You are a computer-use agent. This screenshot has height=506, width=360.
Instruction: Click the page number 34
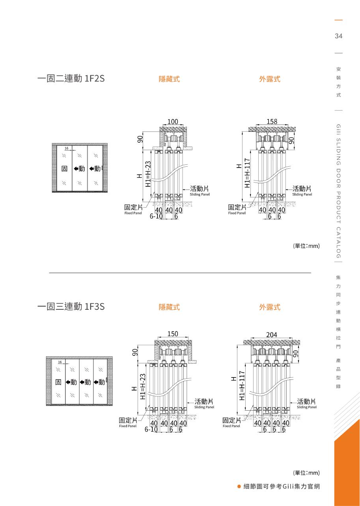click(x=338, y=36)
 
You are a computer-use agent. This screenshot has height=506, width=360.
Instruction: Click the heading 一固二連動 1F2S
click(x=71, y=79)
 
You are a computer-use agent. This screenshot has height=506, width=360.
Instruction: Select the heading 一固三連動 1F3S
click(x=71, y=306)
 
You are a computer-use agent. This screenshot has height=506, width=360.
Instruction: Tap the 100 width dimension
click(x=173, y=122)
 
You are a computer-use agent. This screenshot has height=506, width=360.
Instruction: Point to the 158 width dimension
click(x=272, y=122)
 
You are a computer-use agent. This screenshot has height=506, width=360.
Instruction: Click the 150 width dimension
click(x=173, y=334)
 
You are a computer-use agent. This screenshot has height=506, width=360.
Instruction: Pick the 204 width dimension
click(x=272, y=335)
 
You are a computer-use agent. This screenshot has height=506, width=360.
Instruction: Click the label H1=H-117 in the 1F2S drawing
click(x=247, y=173)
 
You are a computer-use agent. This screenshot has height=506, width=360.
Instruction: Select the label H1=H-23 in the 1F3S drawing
click(x=143, y=387)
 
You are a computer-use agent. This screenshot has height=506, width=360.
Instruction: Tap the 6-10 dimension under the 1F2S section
click(x=156, y=216)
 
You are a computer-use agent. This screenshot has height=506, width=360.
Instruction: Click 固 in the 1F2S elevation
click(x=64, y=169)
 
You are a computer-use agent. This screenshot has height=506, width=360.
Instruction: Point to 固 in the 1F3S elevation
click(x=58, y=382)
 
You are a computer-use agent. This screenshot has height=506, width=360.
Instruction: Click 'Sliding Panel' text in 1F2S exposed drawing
click(x=302, y=194)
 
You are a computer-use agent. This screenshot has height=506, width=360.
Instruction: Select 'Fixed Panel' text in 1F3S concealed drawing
click(x=128, y=426)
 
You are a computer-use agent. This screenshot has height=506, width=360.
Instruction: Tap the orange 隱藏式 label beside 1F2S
click(x=169, y=79)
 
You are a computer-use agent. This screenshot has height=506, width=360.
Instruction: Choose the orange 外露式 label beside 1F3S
click(x=270, y=307)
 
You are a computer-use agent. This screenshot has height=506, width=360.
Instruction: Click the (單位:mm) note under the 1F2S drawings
click(x=306, y=246)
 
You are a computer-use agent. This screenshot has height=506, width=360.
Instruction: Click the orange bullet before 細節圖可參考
click(x=239, y=487)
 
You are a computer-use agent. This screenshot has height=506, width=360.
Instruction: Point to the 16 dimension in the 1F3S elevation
click(x=60, y=362)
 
